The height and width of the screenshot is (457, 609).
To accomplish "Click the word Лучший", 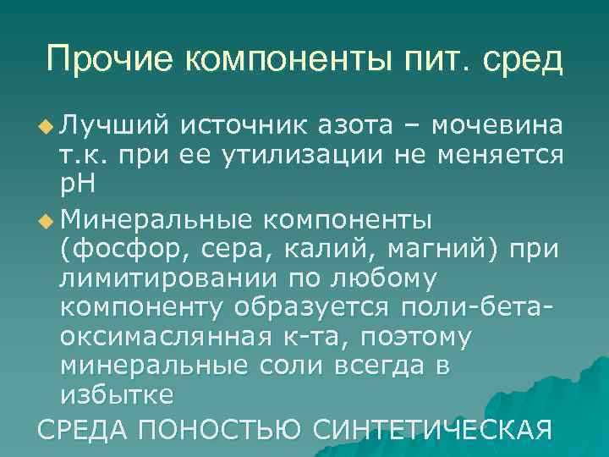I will coord(118,126).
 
